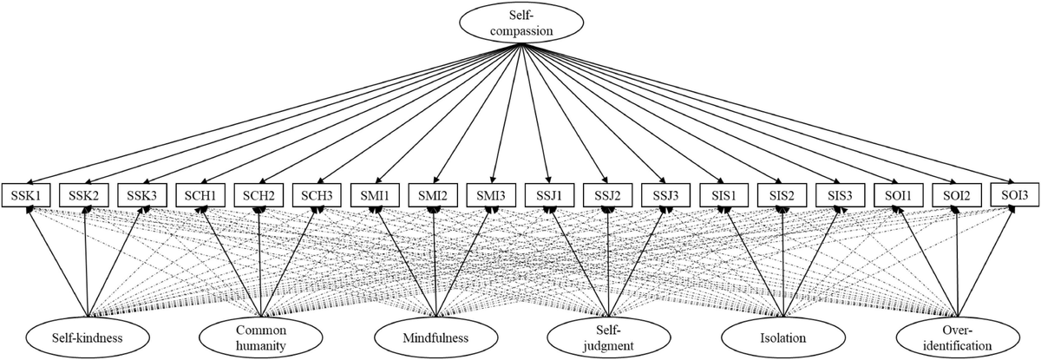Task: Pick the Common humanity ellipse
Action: tap(258, 337)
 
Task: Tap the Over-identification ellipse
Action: tap(957, 337)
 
